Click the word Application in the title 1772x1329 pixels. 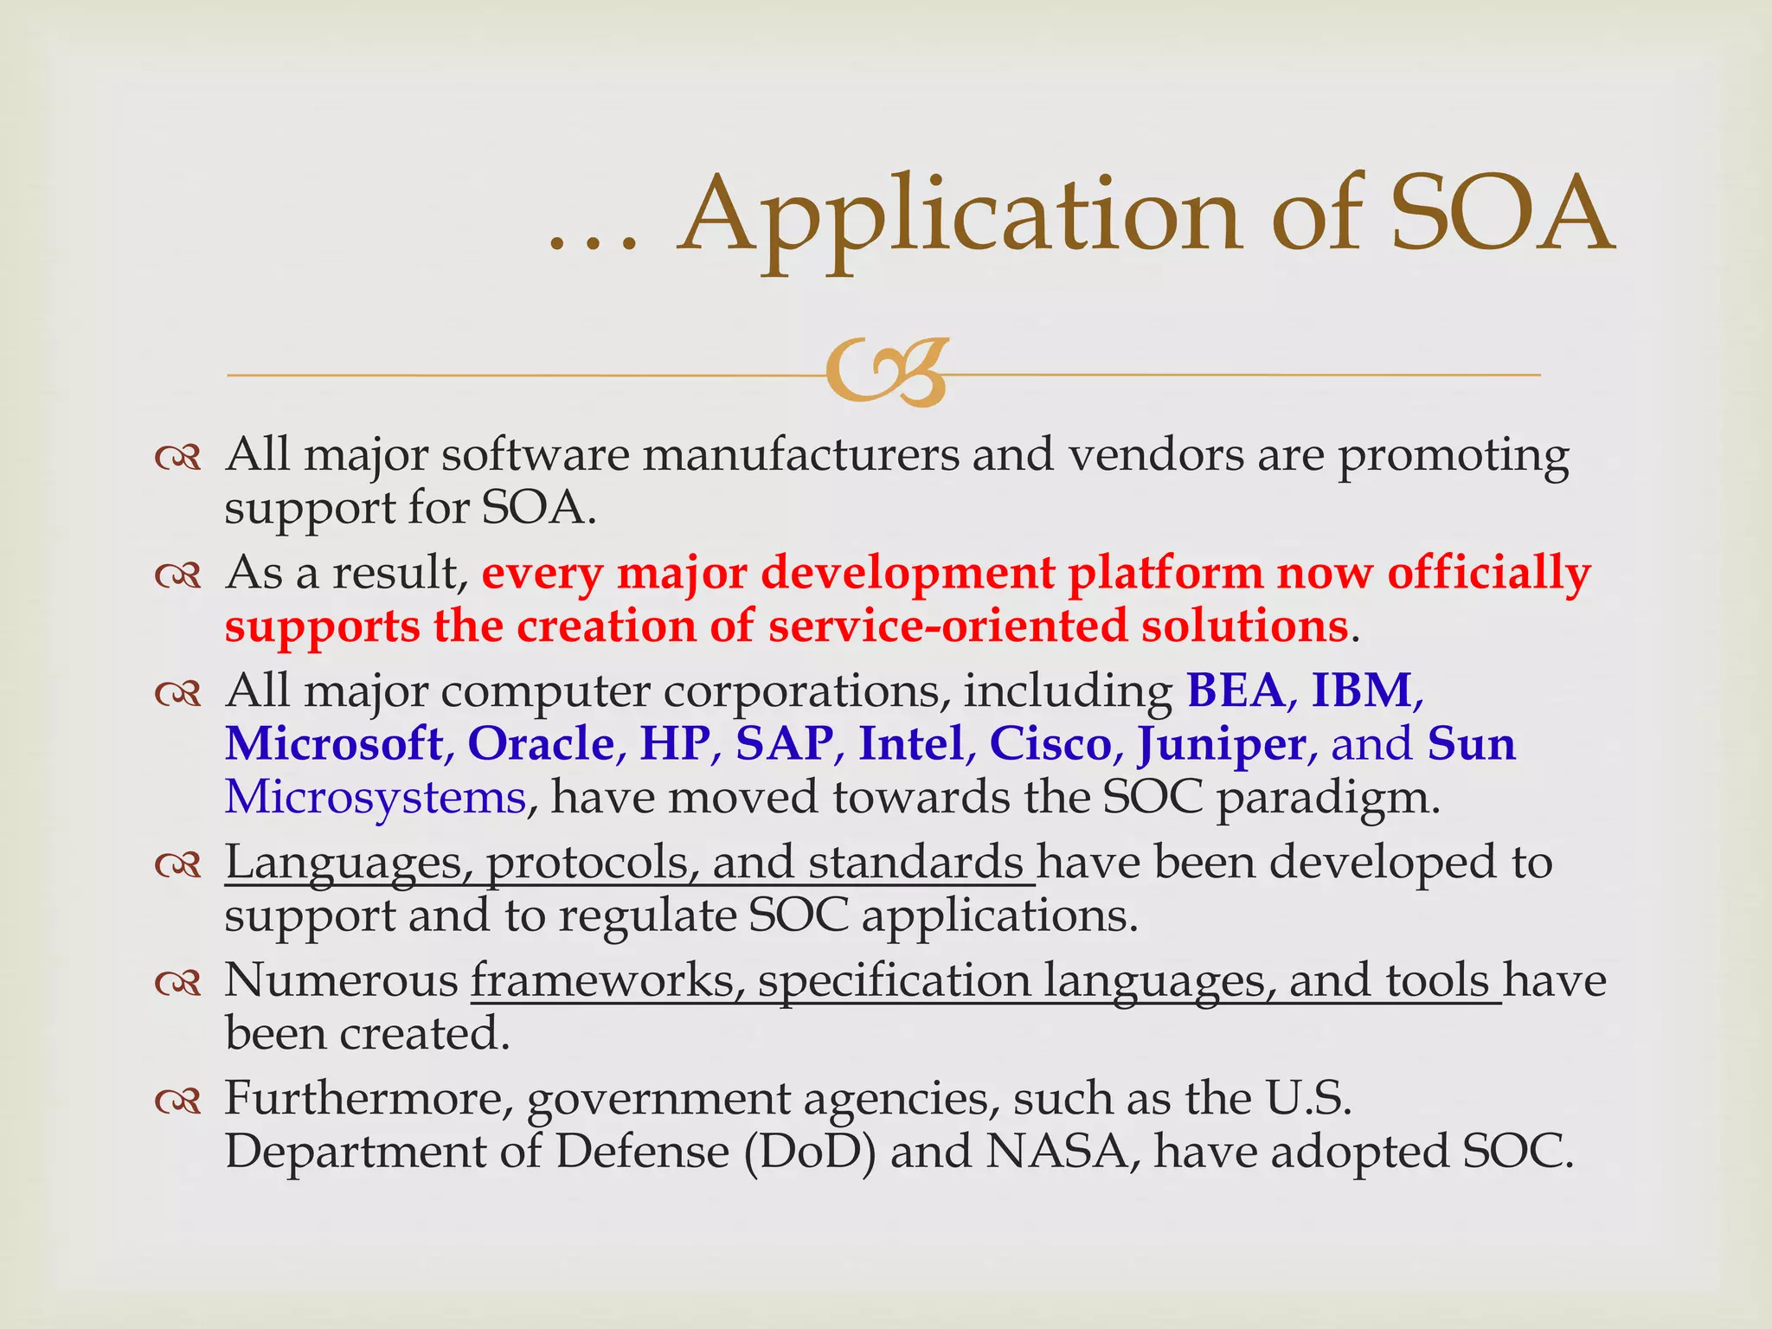tap(960, 216)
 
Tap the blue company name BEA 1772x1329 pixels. tap(1236, 690)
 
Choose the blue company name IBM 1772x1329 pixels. tap(1362, 690)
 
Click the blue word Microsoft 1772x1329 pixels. tap(334, 743)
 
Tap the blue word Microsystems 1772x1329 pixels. tap(376, 797)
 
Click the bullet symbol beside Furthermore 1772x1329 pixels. tap(178, 1101)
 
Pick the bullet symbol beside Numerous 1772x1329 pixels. tap(178, 982)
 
